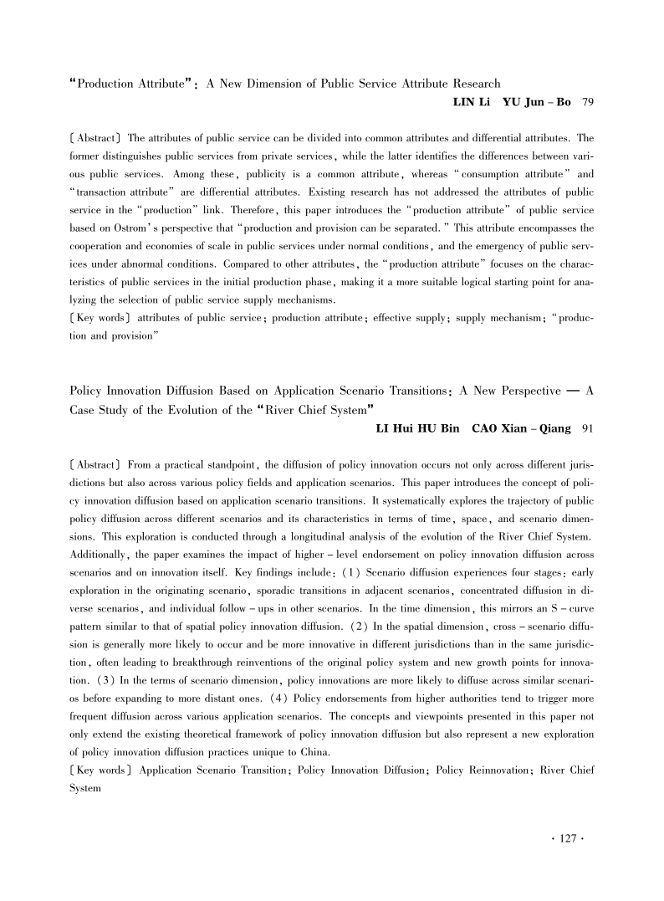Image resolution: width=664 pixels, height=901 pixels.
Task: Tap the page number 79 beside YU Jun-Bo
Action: [x=587, y=102]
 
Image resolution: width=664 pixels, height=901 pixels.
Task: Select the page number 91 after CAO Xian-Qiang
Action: [x=587, y=430]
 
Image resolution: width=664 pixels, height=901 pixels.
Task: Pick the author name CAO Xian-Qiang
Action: [x=505, y=430]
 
